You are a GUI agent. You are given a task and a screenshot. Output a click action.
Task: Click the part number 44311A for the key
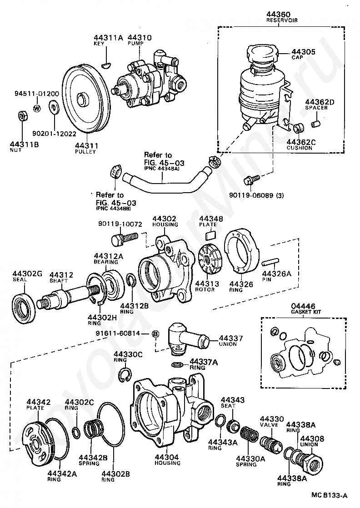109,37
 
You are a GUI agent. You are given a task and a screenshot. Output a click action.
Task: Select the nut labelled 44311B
21,115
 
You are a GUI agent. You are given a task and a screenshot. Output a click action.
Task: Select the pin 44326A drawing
270,262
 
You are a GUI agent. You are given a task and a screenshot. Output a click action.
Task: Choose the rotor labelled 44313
210,260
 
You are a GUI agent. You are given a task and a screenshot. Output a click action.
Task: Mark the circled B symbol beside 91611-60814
155,334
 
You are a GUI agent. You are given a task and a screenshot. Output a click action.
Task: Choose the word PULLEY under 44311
85,151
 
